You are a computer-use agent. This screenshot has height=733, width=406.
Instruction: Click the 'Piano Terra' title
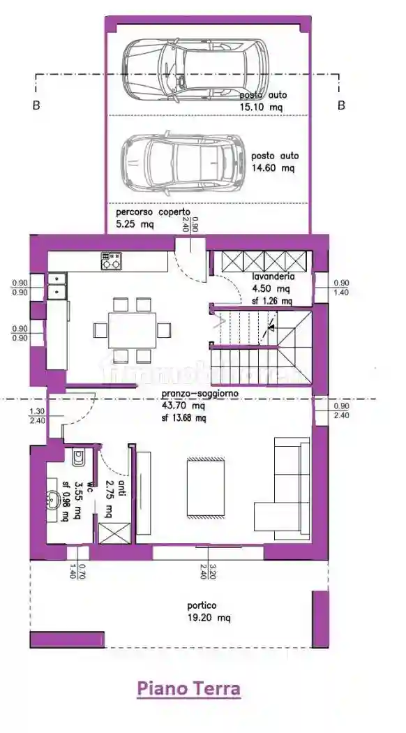[189, 689]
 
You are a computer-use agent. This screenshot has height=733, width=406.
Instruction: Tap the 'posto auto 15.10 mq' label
[264, 101]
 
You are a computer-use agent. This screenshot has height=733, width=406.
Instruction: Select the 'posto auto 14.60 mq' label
[274, 162]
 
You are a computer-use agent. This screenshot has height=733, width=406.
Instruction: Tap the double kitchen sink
[57, 286]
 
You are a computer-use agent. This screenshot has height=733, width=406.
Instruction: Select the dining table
[132, 329]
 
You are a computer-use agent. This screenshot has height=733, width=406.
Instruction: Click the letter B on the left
[36, 105]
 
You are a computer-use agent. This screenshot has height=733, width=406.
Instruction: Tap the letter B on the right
[341, 105]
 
